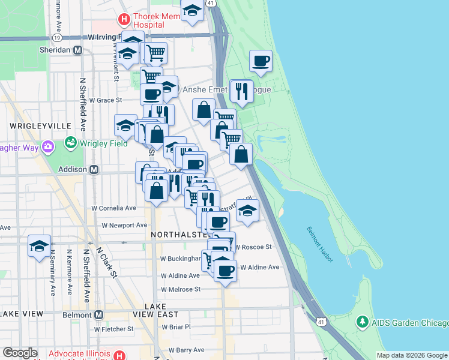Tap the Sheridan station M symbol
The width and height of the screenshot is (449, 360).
coord(77,50)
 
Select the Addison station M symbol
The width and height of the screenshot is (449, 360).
coord(94,169)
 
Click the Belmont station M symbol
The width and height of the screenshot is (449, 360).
coord(99,314)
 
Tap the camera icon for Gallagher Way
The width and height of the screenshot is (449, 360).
coord(48,146)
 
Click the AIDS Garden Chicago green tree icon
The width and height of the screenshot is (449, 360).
coord(362,322)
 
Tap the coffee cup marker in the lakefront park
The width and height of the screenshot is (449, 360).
coord(261,61)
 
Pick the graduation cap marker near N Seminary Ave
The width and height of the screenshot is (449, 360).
coord(39,246)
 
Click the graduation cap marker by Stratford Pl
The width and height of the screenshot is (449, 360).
coord(247,211)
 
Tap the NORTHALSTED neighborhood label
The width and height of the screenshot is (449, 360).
coord(179,233)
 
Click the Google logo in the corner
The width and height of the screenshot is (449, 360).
coord(20,353)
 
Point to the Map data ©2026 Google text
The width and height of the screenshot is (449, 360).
coord(412,355)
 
